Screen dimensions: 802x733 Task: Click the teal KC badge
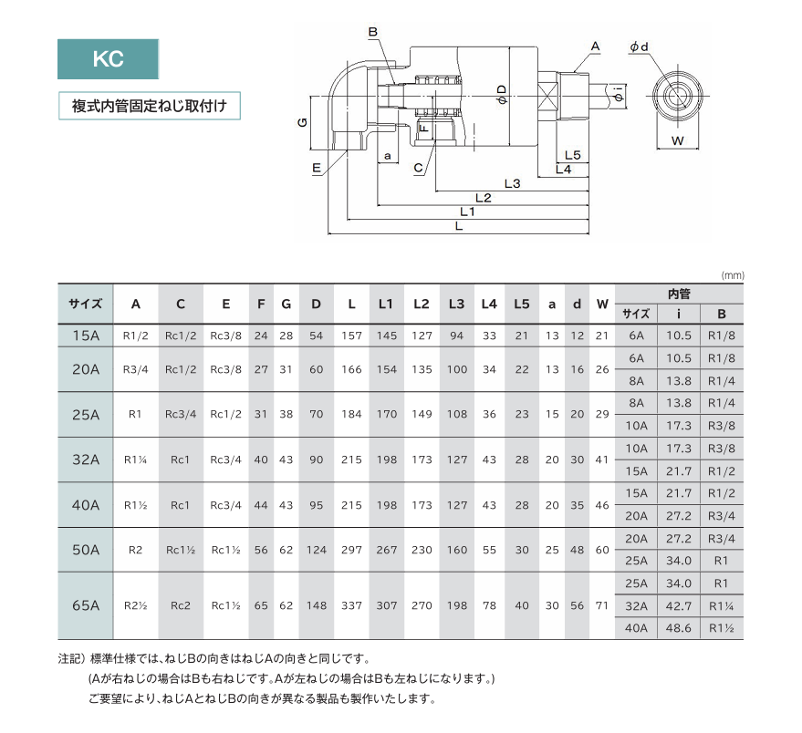(108, 58)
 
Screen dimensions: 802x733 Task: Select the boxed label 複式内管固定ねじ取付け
(150, 106)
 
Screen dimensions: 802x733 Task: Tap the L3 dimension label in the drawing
(512, 183)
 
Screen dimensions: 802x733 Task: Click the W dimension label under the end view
(677, 140)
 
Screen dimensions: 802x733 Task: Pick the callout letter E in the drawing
(316, 168)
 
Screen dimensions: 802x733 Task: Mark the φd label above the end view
(639, 47)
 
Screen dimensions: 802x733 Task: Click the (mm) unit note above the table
(733, 275)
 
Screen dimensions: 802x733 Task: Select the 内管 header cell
(679, 294)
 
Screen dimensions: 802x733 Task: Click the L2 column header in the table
(422, 305)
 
